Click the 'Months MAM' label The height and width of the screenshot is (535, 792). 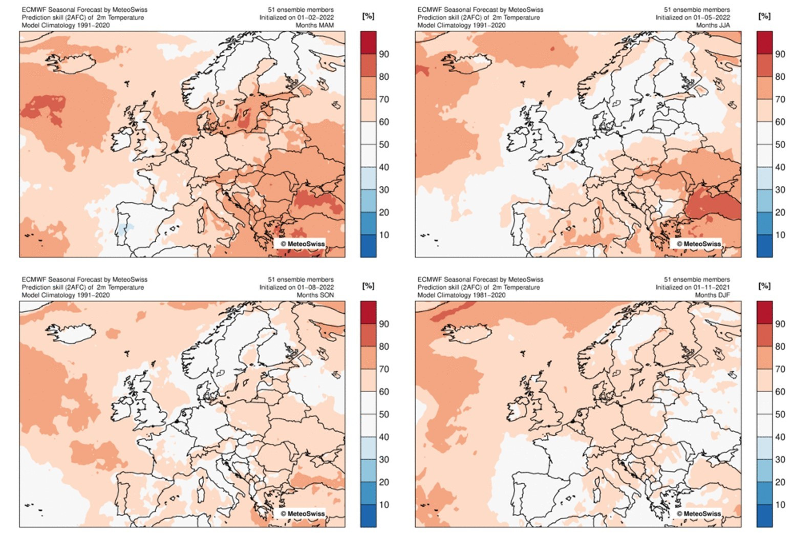click(x=314, y=25)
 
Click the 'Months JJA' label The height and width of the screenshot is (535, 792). click(x=713, y=25)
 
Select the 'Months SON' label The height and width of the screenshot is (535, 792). click(x=315, y=295)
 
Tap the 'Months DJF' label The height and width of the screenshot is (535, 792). click(x=712, y=295)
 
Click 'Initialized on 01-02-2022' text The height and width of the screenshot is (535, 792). click(x=296, y=17)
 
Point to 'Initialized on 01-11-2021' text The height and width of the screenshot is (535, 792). click(x=693, y=287)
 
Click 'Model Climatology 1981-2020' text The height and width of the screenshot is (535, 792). click(x=461, y=295)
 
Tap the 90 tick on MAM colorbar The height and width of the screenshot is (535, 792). click(x=383, y=54)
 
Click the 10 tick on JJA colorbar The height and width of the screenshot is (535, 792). click(x=780, y=235)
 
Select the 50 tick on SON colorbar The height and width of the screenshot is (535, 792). click(x=383, y=414)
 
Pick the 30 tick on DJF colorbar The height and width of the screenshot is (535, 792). click(x=780, y=459)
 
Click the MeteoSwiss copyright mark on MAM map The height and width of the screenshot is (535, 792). click(x=302, y=244)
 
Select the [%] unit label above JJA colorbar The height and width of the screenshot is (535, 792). click(x=764, y=16)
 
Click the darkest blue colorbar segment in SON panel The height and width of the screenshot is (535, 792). click(x=368, y=516)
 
